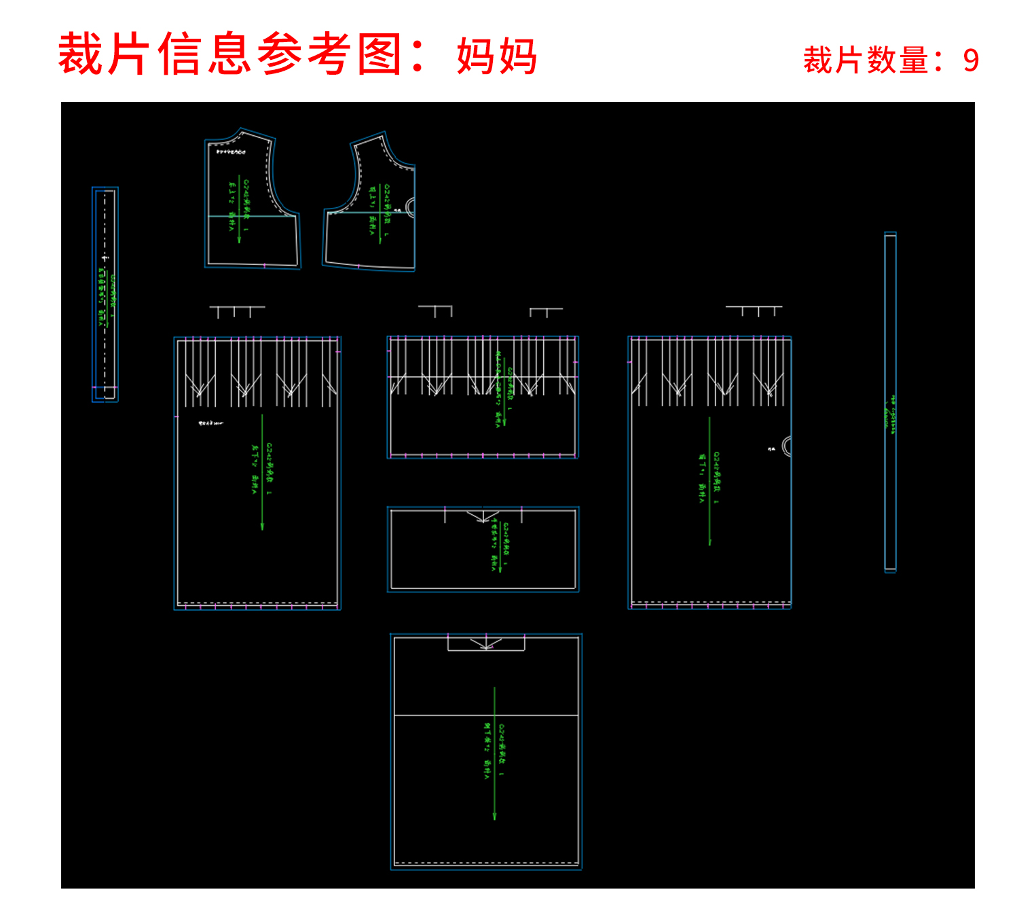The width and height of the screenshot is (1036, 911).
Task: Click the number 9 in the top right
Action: (971, 60)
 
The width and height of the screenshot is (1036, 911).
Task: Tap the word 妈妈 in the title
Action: (497, 56)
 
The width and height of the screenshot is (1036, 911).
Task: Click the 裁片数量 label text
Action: (866, 60)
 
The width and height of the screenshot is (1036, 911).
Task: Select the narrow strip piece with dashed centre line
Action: (105, 294)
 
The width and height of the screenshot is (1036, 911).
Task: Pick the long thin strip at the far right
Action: (890, 402)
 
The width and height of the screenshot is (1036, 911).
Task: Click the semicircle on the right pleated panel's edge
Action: (786, 446)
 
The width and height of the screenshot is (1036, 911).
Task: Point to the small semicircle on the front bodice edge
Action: (410, 207)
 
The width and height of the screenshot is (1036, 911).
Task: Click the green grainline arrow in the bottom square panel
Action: (494, 754)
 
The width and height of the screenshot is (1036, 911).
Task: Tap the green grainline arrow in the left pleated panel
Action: (262, 472)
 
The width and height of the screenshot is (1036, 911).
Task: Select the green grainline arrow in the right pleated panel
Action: (709, 481)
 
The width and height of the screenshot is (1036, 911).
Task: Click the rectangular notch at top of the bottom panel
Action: (485, 642)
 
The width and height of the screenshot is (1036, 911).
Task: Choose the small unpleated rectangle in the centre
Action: (483, 549)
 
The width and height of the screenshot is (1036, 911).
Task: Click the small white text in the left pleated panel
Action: (210, 423)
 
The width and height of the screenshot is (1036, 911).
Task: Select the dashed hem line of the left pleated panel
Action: (258, 603)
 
